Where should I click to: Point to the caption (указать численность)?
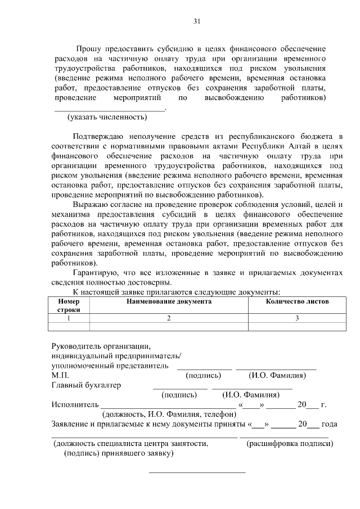click(x=107, y=118)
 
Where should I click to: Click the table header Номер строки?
click(x=69, y=305)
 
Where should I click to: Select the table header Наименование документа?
click(x=169, y=301)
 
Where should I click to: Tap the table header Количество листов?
click(x=297, y=301)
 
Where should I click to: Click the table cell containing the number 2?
click(x=169, y=318)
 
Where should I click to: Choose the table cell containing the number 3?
click(x=297, y=318)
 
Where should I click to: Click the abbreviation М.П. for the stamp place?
click(x=60, y=375)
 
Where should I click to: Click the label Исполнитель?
click(x=75, y=404)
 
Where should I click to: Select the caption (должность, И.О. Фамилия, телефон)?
click(x=169, y=414)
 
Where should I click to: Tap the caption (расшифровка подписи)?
click(x=290, y=443)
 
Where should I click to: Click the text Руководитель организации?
click(x=101, y=346)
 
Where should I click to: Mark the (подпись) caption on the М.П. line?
click(x=203, y=375)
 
